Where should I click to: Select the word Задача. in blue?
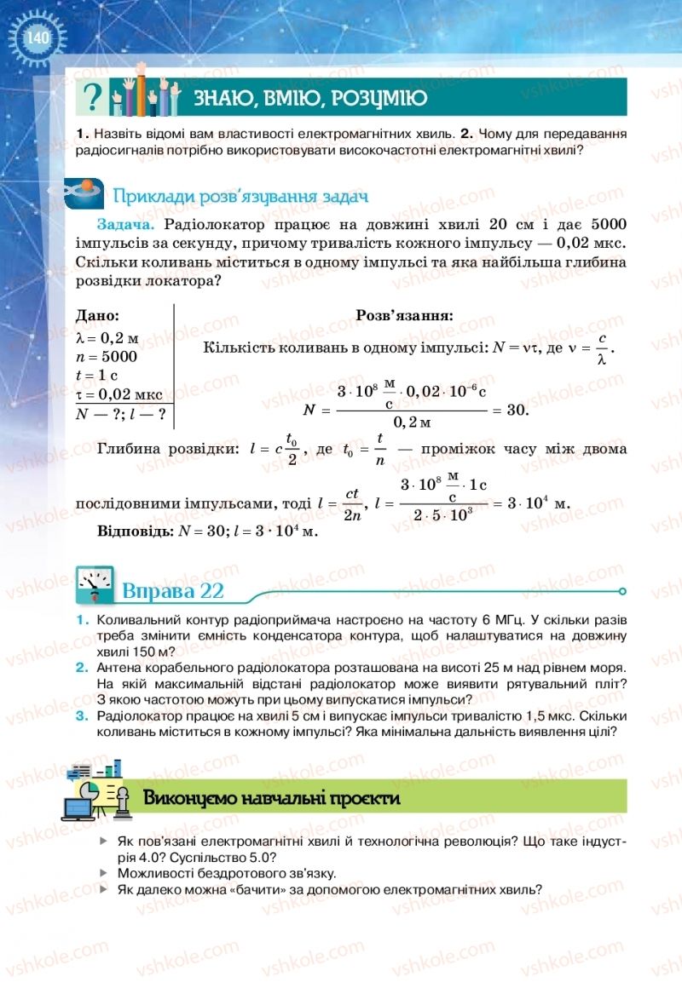point(126,225)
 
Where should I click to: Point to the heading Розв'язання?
point(404,315)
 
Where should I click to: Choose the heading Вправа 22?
point(173,591)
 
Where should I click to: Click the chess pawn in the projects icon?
point(122,801)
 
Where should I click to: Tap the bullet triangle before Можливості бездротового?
point(104,873)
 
